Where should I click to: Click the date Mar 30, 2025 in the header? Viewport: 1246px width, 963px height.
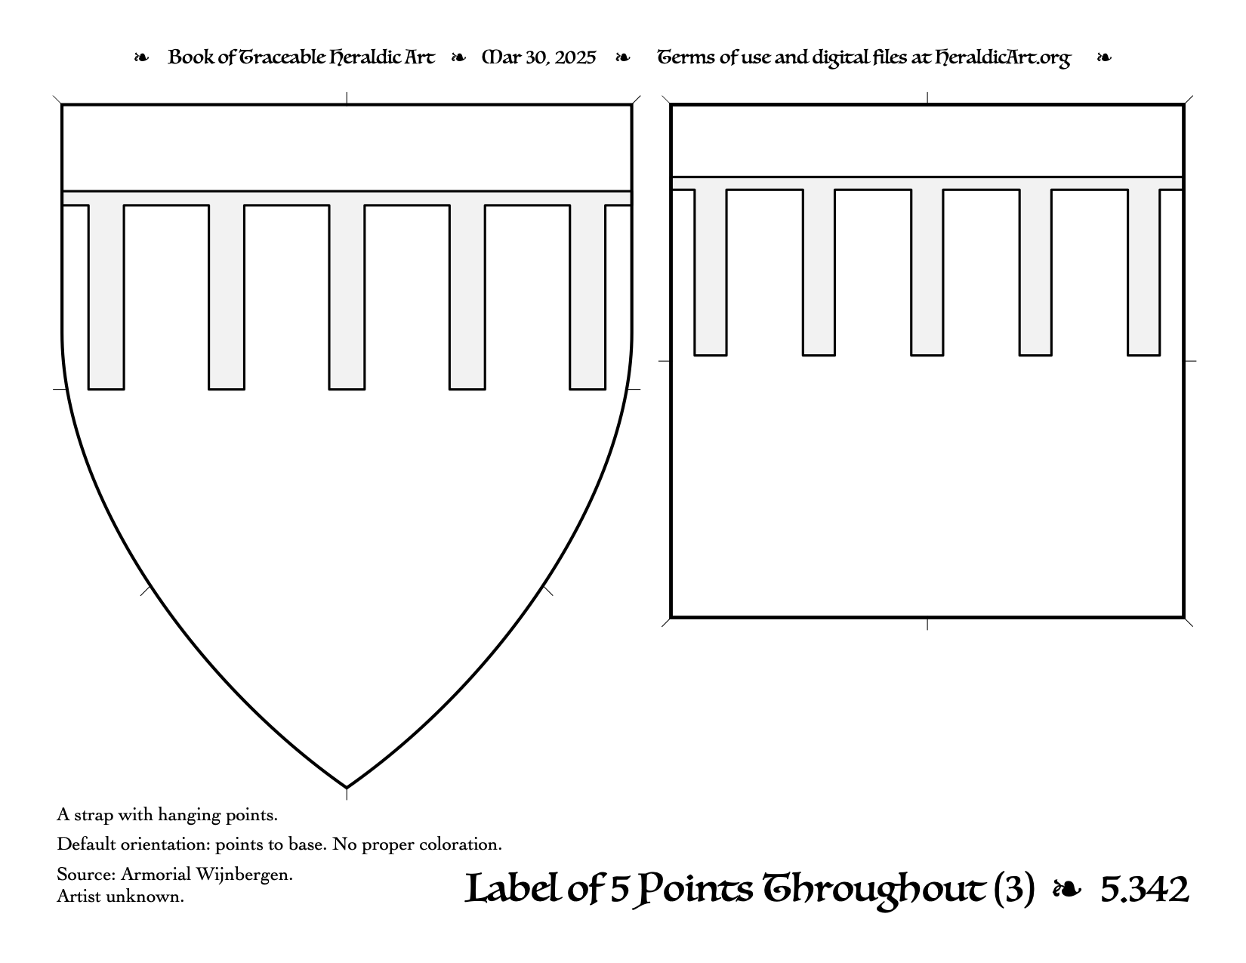pos(538,57)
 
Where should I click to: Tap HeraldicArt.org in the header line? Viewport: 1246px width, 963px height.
pos(1002,58)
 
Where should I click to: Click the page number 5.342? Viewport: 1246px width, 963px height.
pos(1145,890)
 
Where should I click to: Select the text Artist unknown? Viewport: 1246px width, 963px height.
pos(120,896)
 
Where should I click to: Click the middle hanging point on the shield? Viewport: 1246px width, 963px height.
pos(347,297)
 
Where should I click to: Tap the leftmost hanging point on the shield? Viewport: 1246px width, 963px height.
pos(106,297)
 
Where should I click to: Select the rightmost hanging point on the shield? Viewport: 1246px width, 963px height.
pos(588,297)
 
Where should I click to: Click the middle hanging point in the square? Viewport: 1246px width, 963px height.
pos(927,273)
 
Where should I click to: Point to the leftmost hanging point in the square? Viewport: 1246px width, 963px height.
pos(711,273)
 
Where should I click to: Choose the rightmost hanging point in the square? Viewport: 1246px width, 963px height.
pos(1144,273)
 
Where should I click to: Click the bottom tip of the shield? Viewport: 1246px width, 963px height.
pos(347,788)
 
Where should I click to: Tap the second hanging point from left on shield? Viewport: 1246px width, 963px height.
pos(227,297)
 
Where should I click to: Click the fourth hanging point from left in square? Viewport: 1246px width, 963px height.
pos(1035,273)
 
